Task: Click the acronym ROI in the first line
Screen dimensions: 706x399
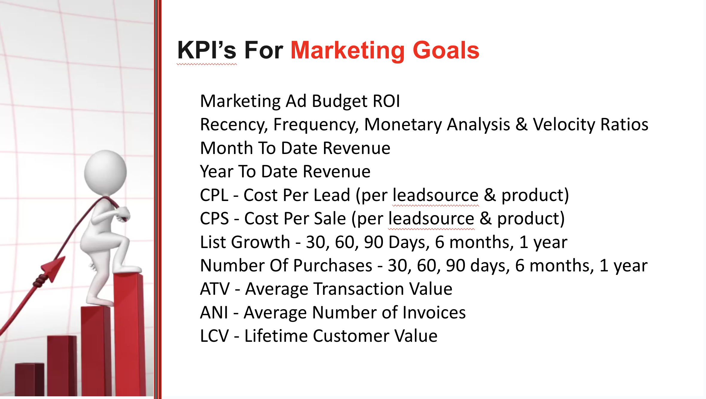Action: tap(386, 101)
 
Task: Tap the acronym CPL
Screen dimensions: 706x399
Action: tap(214, 195)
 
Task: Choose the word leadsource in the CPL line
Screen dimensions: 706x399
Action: tap(436, 195)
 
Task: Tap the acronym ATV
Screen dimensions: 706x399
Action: tap(215, 289)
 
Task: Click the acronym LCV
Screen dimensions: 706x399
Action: tap(214, 336)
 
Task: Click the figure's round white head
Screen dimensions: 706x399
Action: tap(105, 172)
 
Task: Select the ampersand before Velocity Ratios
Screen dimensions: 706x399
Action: tap(521, 124)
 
